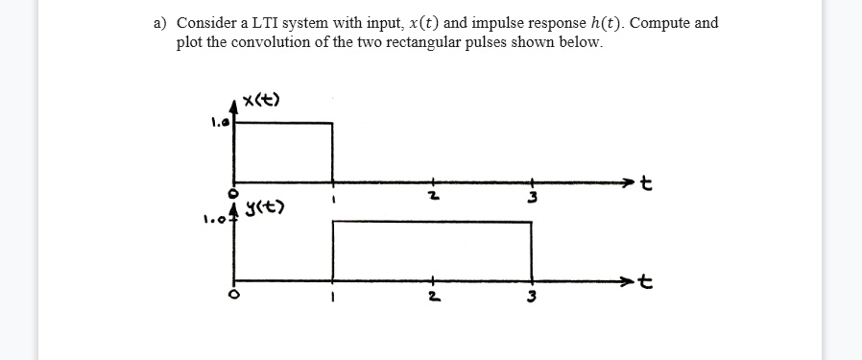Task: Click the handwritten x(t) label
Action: pos(262,100)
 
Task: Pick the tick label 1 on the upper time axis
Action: pos(333,200)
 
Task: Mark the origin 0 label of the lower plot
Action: pos(231,293)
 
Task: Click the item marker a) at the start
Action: pos(161,23)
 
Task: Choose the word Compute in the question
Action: pos(631,23)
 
